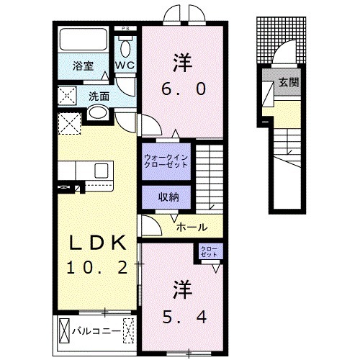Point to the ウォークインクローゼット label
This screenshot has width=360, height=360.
point(165,160)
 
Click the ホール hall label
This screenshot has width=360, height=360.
point(192,226)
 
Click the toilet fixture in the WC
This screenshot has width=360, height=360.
point(127,48)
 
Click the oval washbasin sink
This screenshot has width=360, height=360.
point(97,113)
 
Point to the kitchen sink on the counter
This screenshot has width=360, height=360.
point(100,170)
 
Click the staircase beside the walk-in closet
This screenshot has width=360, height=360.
point(212,173)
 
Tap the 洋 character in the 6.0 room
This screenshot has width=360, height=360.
point(181,61)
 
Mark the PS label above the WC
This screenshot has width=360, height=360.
point(125,30)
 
